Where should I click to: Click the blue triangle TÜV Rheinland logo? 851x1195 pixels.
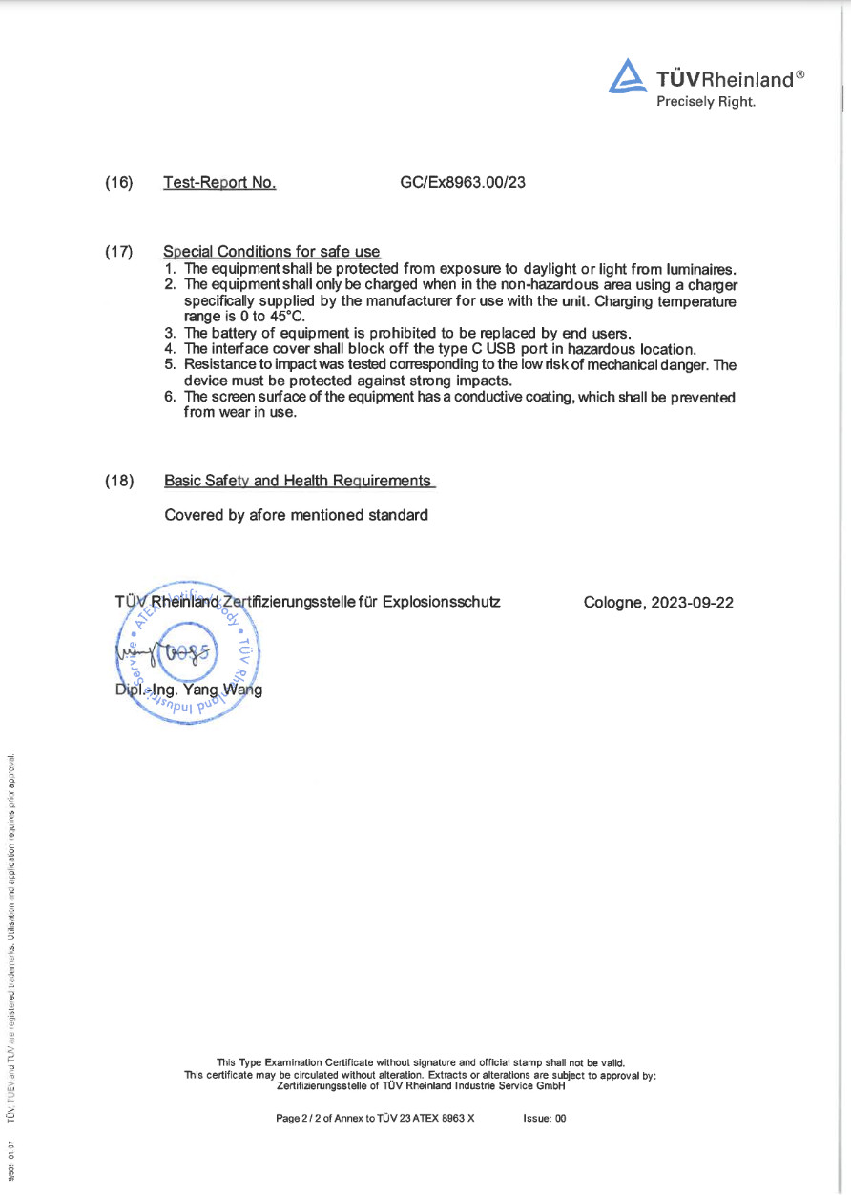click(627, 76)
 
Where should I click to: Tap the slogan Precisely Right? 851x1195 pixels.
click(705, 102)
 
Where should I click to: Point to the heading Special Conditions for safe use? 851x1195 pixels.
click(272, 252)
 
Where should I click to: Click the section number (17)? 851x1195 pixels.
click(118, 252)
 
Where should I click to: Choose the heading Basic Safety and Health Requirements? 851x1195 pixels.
click(299, 481)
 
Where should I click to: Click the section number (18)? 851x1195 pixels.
click(118, 481)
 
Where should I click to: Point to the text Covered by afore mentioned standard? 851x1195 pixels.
click(296, 515)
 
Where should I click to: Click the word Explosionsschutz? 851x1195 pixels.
click(441, 602)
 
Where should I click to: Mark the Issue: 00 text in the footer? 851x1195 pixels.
click(545, 1119)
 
